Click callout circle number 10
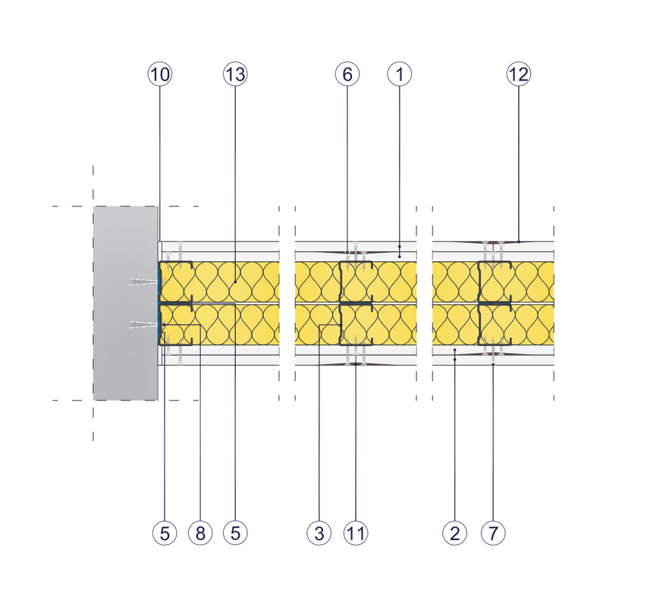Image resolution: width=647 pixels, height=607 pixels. (x=160, y=74)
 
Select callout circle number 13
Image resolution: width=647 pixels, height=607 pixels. (x=235, y=74)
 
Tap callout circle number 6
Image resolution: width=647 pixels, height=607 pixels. (x=347, y=74)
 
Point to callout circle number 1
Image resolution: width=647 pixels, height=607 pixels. (x=400, y=74)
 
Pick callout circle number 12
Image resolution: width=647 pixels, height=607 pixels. (x=519, y=74)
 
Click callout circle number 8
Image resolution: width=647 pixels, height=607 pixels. (x=200, y=533)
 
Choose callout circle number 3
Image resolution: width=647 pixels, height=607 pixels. (x=319, y=533)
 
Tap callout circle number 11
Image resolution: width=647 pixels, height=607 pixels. (x=356, y=533)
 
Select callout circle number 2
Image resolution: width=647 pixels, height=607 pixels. (x=454, y=533)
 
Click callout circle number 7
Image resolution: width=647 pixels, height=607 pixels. (x=493, y=533)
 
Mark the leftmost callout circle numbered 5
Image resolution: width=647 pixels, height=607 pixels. (x=165, y=533)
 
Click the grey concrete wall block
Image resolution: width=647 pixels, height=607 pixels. (x=125, y=303)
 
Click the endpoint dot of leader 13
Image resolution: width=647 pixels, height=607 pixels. (x=235, y=282)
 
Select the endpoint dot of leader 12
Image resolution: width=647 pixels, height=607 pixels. (x=519, y=241)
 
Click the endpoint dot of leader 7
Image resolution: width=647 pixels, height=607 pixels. (x=493, y=365)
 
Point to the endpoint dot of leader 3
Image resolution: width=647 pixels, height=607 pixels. (x=341, y=326)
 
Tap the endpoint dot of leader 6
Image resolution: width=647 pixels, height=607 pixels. (x=347, y=252)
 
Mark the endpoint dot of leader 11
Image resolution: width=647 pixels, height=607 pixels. (x=356, y=365)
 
